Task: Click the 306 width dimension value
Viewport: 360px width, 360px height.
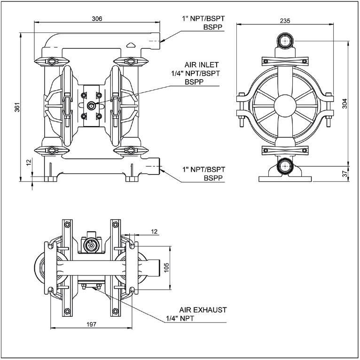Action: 97,18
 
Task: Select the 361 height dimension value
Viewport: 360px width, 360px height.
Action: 17,107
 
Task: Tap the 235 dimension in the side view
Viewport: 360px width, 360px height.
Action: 285,21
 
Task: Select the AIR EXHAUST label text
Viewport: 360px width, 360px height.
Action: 203,310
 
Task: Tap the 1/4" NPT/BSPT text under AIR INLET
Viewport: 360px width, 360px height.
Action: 196,73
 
